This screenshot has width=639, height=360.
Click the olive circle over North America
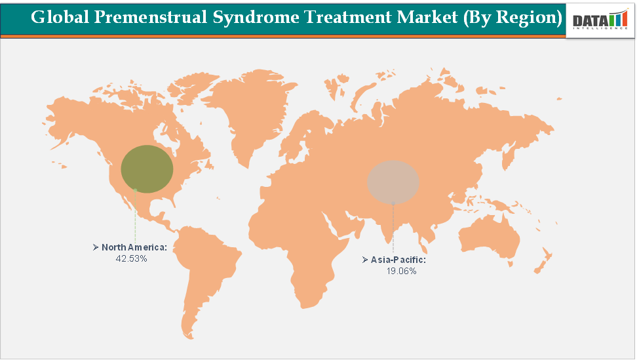coord(147,169)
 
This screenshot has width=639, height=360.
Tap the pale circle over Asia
coord(393,181)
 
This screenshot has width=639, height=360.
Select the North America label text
coord(134,247)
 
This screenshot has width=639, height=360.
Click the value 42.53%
coord(131,258)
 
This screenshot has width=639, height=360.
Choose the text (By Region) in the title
coord(513,18)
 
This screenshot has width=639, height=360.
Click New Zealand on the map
coord(542,262)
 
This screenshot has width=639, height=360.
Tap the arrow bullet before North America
coord(96,247)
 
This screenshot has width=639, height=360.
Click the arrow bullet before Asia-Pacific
coord(365,260)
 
